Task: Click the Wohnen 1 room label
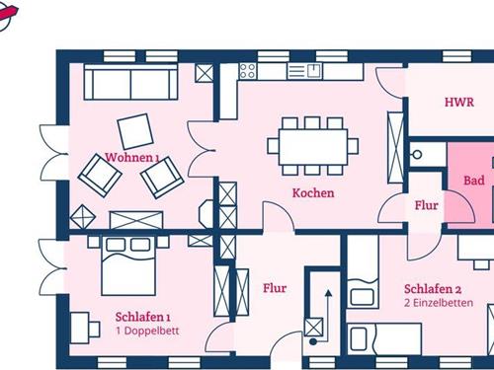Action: click(132, 158)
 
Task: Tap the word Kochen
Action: click(313, 193)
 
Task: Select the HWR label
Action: click(459, 102)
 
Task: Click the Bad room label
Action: click(474, 181)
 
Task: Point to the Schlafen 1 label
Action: click(143, 317)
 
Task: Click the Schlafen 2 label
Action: click(433, 289)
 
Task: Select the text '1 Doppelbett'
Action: click(147, 331)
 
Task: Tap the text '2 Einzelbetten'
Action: click(439, 303)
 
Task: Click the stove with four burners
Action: click(248, 71)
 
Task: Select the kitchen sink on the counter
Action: click(304, 71)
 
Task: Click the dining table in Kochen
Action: click(313, 147)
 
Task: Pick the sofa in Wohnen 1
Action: click(130, 82)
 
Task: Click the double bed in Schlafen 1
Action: click(128, 265)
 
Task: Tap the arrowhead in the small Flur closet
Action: click(328, 293)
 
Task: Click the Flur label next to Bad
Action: click(427, 205)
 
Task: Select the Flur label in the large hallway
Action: click(275, 288)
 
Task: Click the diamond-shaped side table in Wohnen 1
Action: click(83, 217)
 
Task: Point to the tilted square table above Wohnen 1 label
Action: click(135, 131)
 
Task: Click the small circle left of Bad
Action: click(417, 154)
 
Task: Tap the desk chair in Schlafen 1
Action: click(95, 330)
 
